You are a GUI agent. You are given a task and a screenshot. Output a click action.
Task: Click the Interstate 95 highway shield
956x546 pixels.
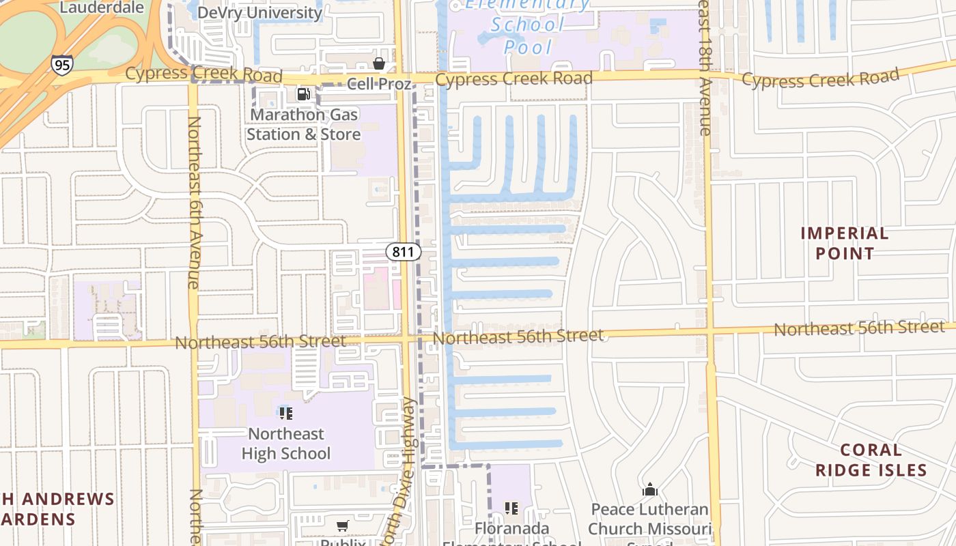pos(61,65)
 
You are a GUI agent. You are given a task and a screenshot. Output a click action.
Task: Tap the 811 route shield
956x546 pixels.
pos(404,252)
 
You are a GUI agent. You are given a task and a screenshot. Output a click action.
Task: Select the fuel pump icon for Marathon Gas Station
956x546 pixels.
pos(303,94)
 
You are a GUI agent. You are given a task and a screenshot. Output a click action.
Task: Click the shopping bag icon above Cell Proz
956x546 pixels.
pos(379,63)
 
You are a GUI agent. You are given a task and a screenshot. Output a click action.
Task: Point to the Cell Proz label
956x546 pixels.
pos(379,84)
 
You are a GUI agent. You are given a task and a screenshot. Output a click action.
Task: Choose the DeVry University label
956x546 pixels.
pos(259,12)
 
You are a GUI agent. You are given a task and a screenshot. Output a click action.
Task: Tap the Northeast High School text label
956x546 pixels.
pos(286,444)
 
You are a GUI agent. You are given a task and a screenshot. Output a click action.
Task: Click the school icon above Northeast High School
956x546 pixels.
pos(286,413)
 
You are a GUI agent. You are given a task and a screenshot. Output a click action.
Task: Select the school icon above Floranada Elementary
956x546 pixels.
pos(511,508)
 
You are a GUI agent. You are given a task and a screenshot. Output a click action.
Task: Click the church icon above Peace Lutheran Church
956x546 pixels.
pos(649,489)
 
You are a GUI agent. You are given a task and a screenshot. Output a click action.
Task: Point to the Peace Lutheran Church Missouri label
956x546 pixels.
pos(649,519)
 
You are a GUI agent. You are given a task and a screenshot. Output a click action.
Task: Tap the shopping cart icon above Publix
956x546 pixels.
pos(343,526)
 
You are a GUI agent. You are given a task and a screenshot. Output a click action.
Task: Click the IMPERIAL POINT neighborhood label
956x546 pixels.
pos(845,243)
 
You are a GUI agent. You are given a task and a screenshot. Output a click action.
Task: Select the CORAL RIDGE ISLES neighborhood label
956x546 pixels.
pos(871,460)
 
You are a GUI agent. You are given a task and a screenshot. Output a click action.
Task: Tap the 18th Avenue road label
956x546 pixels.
pos(706,68)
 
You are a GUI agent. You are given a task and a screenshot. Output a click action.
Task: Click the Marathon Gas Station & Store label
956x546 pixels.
pos(303,124)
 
